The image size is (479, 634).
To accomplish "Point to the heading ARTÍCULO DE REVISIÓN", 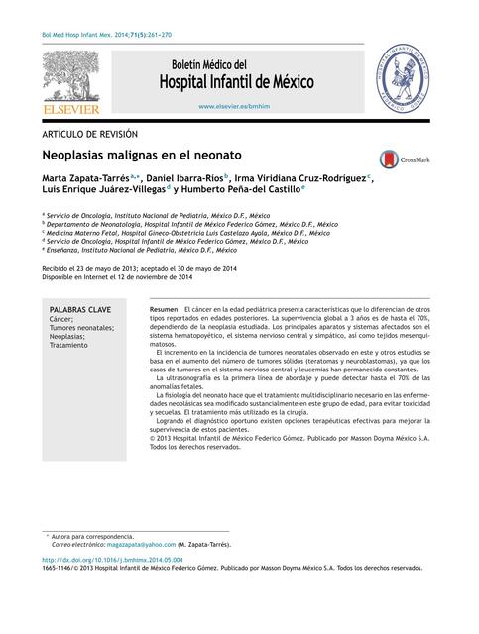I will [89, 132].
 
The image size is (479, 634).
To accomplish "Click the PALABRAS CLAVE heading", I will [80, 310].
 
